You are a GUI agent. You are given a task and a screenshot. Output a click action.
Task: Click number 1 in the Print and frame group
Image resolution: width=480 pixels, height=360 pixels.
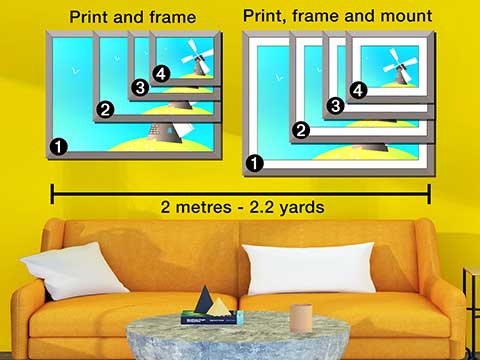(x=58, y=147)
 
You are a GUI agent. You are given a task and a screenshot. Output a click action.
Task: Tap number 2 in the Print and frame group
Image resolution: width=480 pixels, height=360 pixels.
(x=101, y=109)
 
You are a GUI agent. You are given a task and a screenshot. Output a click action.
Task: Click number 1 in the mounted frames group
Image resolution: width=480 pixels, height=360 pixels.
(x=256, y=162)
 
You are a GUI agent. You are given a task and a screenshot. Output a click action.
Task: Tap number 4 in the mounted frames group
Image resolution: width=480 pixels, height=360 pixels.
(x=359, y=90)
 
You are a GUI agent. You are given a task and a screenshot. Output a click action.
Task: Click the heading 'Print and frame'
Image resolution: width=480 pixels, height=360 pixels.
(x=131, y=17)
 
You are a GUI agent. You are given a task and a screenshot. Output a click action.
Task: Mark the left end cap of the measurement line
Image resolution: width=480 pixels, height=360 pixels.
(x=52, y=190)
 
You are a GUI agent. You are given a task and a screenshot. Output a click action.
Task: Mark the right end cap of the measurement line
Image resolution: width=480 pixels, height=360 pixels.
(x=429, y=190)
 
